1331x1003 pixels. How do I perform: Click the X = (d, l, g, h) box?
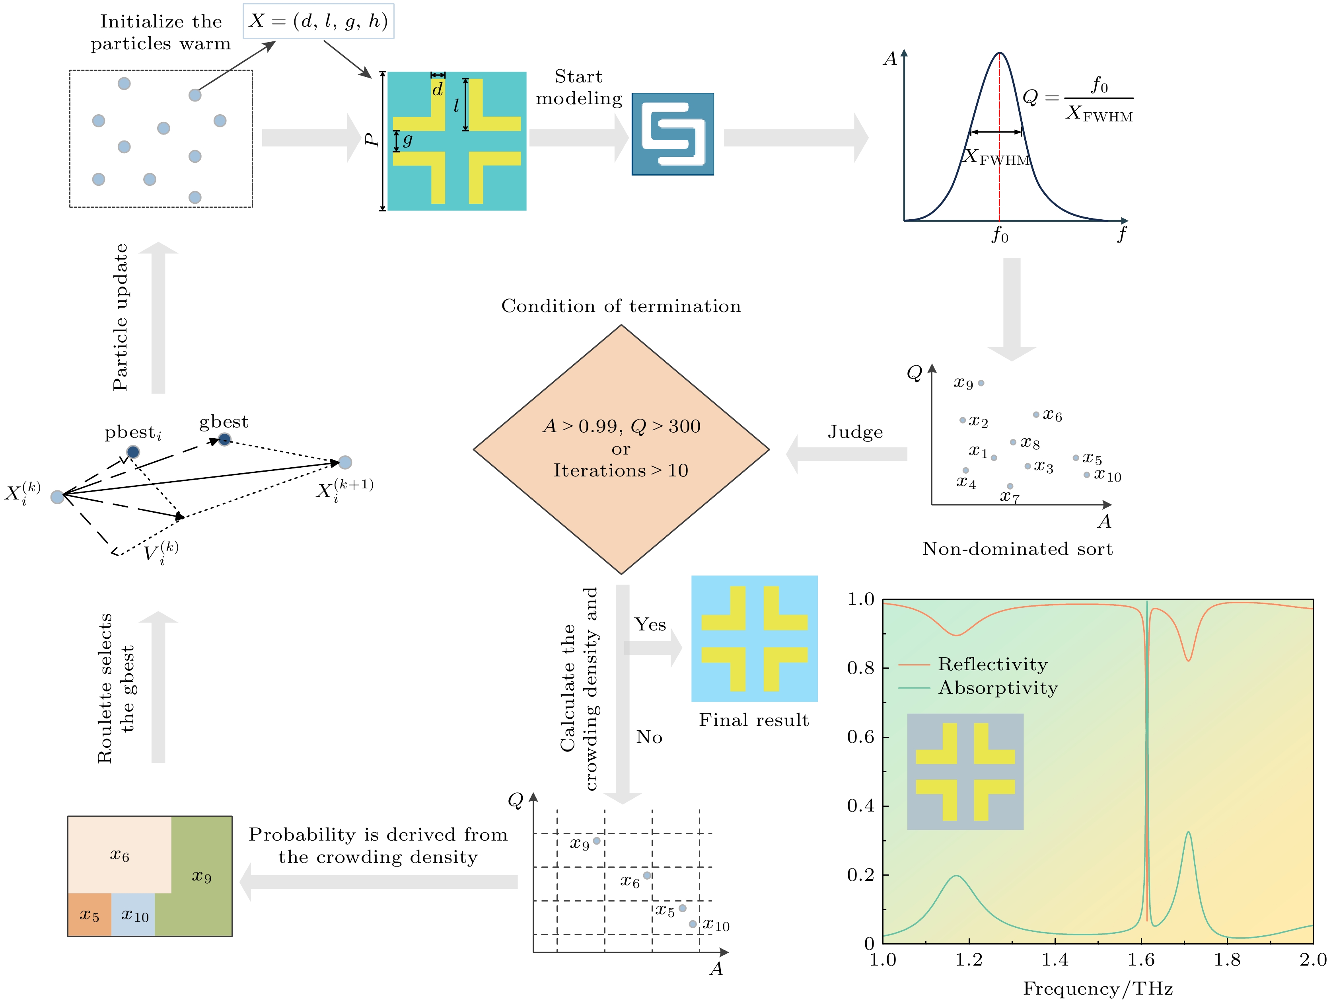[318, 21]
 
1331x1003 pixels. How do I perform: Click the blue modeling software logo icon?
[672, 134]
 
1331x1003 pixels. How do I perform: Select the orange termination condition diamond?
[621, 449]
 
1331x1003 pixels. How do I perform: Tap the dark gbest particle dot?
[224, 439]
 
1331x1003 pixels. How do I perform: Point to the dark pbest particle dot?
[133, 451]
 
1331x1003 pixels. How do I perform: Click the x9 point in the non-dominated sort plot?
[981, 383]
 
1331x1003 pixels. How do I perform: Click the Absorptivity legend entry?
[998, 687]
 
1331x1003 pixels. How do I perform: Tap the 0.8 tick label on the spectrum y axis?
[860, 667]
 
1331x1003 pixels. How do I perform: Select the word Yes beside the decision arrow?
[650, 624]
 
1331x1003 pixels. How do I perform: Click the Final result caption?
[753, 720]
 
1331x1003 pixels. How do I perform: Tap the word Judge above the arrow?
[855, 432]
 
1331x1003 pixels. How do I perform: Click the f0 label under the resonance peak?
[1000, 235]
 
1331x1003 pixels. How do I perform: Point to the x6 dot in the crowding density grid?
[647, 875]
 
